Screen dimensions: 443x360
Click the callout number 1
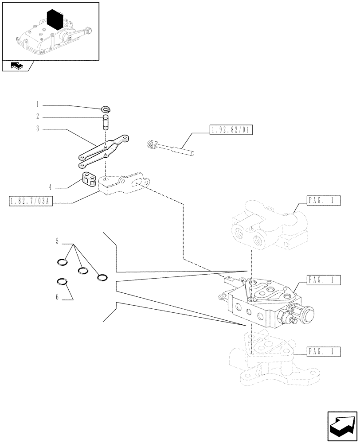pos(38,105)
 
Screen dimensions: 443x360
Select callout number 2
pos(38,117)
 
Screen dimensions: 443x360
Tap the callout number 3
pos(38,129)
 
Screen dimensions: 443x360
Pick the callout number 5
pos(58,241)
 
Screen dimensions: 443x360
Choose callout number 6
pos(58,297)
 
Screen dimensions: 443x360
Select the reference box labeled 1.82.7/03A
pos(31,202)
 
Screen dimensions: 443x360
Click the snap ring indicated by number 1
pos(106,109)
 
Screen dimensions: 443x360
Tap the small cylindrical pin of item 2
pos(106,122)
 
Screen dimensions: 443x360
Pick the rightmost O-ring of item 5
pos(102,278)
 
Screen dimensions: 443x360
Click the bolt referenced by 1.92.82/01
pos(168,148)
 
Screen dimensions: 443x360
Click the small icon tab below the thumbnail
pos(17,66)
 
